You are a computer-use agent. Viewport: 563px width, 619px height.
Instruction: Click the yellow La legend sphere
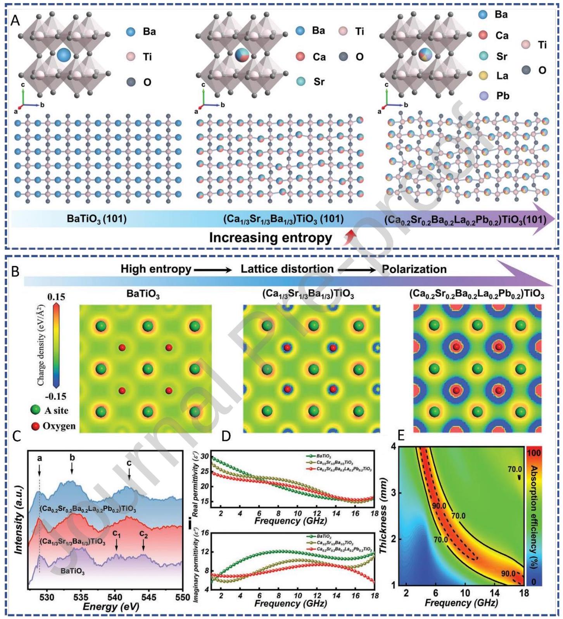[x=483, y=75]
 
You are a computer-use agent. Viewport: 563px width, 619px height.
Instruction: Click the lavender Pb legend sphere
[x=483, y=96]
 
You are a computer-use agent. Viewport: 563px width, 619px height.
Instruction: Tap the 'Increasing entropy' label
[x=270, y=237]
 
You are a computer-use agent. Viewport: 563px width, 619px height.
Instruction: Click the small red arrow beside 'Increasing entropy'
[x=350, y=237]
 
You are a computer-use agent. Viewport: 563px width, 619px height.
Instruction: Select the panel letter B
[x=15, y=271]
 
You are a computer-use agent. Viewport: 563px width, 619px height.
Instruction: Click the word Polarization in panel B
[x=414, y=269]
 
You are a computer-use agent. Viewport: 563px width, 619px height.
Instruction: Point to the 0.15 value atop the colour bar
[x=56, y=297]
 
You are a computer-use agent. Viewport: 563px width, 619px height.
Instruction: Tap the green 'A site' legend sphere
[x=35, y=410]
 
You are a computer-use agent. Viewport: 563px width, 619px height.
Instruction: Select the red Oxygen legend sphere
[x=36, y=426]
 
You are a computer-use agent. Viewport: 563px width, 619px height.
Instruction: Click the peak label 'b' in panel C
[x=72, y=458]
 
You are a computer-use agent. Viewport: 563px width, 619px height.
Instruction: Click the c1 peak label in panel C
[x=116, y=534]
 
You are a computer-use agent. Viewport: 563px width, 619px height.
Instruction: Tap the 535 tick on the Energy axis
[x=81, y=597]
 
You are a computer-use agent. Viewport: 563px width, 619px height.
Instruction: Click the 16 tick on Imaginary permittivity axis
[x=204, y=533]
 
